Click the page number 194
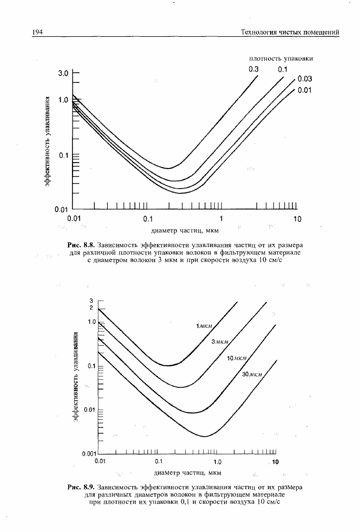pos(37,33)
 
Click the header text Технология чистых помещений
pos(290,33)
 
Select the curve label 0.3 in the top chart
pos(254,69)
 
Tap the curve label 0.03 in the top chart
pos(304,80)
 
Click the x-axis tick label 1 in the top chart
pos(221,219)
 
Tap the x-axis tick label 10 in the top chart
pos(297,219)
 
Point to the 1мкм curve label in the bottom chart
pos(205,326)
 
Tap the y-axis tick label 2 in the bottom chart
pos(92,307)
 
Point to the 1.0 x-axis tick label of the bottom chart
pos(218,462)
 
